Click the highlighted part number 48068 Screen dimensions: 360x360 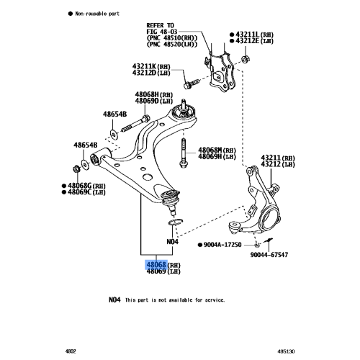point(156,265)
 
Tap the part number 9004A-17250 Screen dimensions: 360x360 point(222,245)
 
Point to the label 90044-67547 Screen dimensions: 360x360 point(269,255)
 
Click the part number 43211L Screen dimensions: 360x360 point(248,35)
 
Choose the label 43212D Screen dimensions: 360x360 point(144,73)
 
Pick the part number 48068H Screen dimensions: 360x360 point(147,94)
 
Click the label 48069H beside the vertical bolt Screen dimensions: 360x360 point(210,156)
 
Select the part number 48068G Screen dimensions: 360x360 point(80,186)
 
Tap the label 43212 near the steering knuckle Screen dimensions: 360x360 point(271,164)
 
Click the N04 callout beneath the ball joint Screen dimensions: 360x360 point(172,241)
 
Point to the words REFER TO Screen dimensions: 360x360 point(160,25)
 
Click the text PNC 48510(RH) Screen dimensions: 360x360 point(172,38)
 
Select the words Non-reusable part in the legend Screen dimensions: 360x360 point(97,14)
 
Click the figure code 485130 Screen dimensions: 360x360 point(286,351)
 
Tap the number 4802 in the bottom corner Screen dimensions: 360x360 point(71,351)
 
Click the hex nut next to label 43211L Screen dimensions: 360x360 point(245,59)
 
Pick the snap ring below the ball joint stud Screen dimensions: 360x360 point(176,222)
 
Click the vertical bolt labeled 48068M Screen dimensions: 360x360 point(183,153)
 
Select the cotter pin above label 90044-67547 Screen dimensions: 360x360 point(268,240)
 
